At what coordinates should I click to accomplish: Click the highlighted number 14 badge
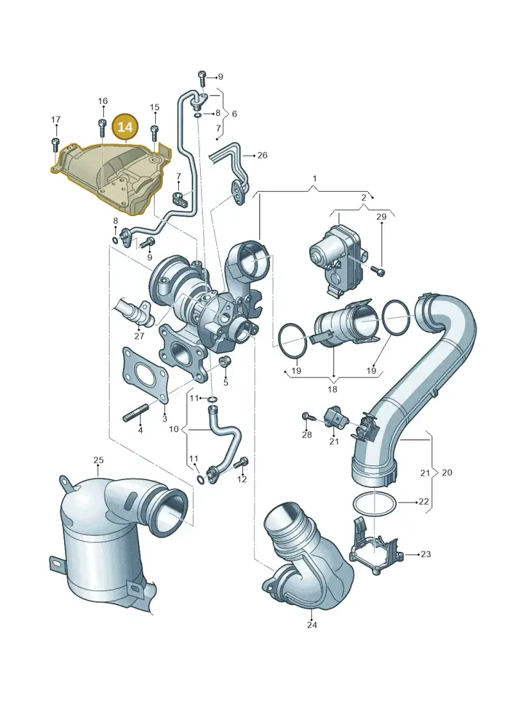coord(125,126)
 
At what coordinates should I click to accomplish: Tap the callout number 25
coord(99,460)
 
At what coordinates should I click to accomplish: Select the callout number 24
coord(312,624)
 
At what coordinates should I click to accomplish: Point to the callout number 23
coord(426,553)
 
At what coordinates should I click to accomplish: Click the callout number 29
coord(381,217)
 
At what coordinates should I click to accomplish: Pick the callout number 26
coord(262,155)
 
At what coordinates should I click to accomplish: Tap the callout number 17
coord(56,120)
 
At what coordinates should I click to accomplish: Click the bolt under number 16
coord(103,128)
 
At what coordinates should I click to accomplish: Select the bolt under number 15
coord(155,132)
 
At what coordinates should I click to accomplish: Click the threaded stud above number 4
coord(136,413)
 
